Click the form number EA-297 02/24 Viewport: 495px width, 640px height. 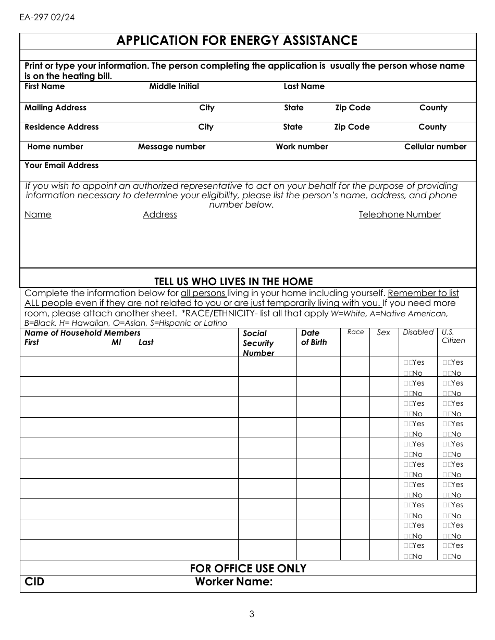(x=47, y=17)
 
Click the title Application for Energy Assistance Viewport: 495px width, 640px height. (x=237, y=41)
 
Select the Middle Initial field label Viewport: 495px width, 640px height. (x=174, y=86)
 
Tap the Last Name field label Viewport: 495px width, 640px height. (x=304, y=86)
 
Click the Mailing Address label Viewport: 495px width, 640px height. (x=56, y=108)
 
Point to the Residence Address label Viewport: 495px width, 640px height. (x=61, y=127)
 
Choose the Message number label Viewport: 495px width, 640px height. (x=171, y=147)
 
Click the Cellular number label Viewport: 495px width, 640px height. (x=435, y=147)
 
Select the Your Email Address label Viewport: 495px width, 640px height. (x=61, y=165)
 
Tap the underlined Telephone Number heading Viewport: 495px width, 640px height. (x=400, y=214)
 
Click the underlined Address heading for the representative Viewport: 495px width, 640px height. (x=160, y=214)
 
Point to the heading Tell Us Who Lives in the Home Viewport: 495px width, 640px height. (x=233, y=282)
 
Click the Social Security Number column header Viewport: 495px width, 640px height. (x=258, y=343)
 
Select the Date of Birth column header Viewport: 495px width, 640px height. (x=314, y=337)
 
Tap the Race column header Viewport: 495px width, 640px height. (x=355, y=332)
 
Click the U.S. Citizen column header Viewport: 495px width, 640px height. (x=453, y=336)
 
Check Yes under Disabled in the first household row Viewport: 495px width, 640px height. (x=407, y=363)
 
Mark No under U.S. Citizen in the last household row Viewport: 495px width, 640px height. (x=447, y=556)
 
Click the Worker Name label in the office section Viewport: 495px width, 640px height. (x=233, y=582)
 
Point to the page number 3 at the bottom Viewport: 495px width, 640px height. (x=252, y=614)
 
